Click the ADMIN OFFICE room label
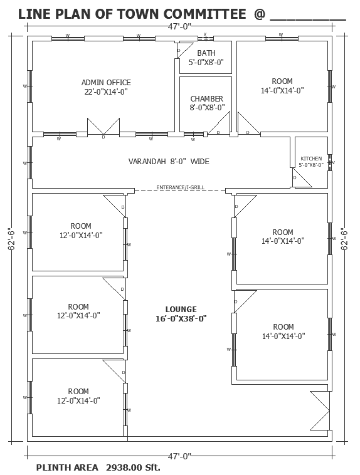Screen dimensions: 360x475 coord(106,82)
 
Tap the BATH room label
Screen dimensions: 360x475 coord(206,53)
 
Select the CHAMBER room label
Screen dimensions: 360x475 coord(207,99)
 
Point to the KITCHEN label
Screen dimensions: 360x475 coord(311,159)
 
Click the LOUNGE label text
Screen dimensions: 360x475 coord(181,310)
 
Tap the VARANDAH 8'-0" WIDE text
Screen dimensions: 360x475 coord(169,161)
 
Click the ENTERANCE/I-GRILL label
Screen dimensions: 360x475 coord(180,187)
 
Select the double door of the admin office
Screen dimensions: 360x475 coord(103,127)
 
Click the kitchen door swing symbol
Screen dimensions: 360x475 coord(302,178)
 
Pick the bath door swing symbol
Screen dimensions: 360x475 coord(184,50)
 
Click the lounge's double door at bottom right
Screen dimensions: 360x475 coord(320,410)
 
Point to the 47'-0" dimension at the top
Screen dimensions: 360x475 coord(180,26)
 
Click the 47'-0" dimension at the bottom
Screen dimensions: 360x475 coord(180,456)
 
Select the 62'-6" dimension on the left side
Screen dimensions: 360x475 coord(11,239)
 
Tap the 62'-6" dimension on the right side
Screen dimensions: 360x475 coord(344,239)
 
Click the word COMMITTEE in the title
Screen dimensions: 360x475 coord(204,14)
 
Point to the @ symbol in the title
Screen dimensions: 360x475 coord(260,14)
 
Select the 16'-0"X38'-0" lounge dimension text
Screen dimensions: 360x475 coord(181,319)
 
